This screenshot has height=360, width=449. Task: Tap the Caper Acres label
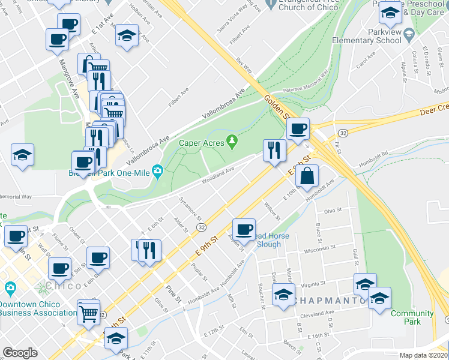click(x=201, y=143)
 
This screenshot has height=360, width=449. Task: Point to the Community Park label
click(x=412, y=317)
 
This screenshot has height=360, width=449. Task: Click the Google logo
click(x=20, y=353)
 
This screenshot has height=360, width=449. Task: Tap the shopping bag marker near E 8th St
click(x=307, y=178)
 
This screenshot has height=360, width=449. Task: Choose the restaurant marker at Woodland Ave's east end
click(x=274, y=152)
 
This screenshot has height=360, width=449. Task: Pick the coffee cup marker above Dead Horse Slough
click(x=244, y=229)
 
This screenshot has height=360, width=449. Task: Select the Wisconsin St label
click(x=323, y=250)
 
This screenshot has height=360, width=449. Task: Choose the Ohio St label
click(x=332, y=211)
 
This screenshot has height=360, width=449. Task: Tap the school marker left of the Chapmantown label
click(x=283, y=295)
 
